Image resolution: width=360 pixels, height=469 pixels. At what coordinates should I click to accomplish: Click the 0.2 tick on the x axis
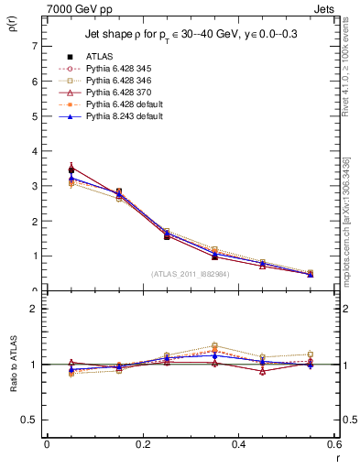click(x=143, y=445)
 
